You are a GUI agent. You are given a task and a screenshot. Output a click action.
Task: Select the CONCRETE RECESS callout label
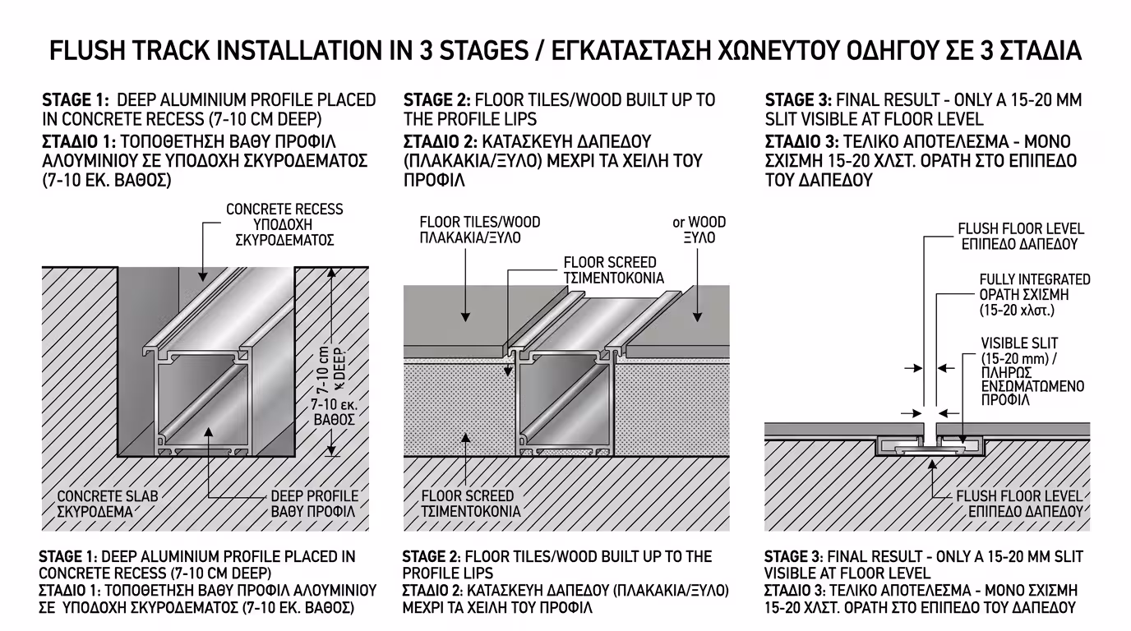284,210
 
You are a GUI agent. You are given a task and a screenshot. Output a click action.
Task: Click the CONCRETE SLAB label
107,496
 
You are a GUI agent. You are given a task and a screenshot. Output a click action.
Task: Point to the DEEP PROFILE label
315,496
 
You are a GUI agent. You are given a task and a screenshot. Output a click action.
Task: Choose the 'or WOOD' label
699,223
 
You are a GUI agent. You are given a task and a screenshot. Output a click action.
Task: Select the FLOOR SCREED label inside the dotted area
468,496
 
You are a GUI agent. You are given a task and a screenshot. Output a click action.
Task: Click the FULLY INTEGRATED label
1034,280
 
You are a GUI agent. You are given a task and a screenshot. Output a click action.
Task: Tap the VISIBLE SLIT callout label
1019,343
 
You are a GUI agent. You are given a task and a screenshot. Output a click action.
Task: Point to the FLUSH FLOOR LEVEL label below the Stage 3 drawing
1019,496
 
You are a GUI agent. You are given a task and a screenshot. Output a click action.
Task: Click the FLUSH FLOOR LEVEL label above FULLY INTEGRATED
1021,229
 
